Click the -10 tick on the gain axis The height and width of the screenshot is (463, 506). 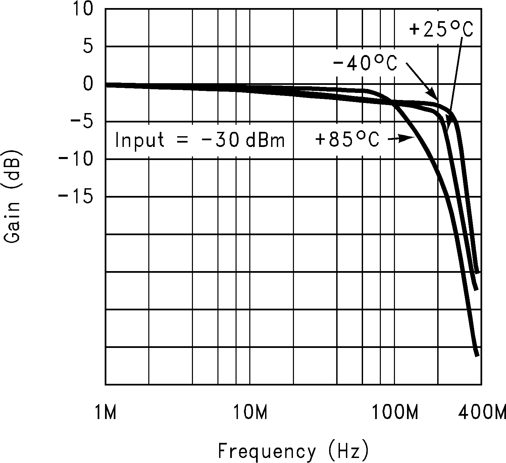tap(75, 159)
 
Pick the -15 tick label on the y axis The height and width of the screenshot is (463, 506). tap(75, 197)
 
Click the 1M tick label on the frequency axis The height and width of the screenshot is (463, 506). tap(105, 412)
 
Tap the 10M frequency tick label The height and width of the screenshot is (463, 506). tap(250, 412)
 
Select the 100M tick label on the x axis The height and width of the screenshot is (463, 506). tap(395, 412)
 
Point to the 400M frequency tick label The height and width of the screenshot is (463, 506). tap(482, 412)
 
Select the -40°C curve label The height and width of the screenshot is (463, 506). tap(365, 63)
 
